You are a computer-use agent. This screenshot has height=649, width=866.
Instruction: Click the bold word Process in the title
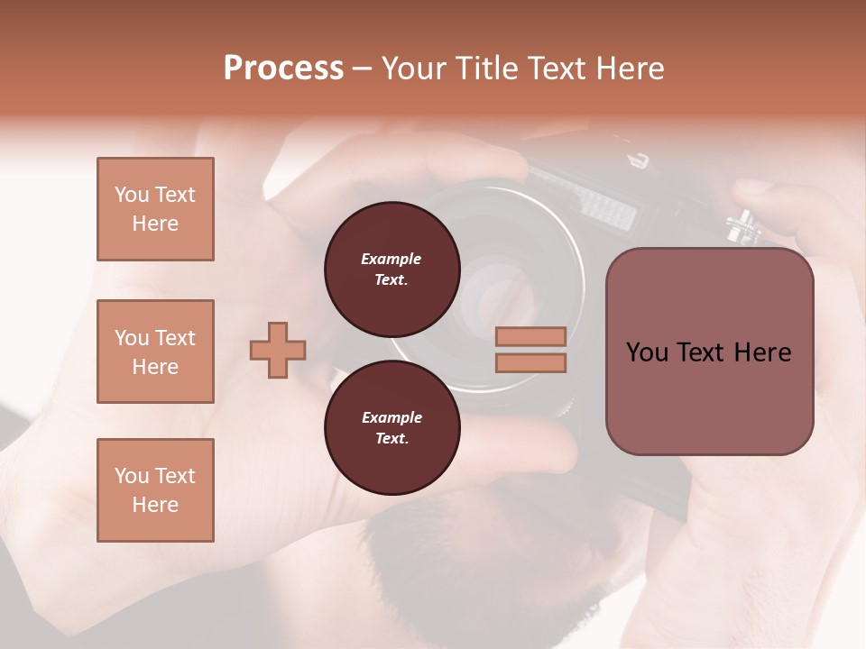tap(283, 69)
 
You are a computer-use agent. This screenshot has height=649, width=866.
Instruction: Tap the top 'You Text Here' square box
tap(155, 209)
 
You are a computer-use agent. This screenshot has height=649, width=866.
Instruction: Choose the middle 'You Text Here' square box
tap(155, 352)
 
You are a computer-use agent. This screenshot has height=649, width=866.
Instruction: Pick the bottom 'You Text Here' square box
tap(155, 490)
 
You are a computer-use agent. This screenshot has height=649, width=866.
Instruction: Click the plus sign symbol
tap(278, 350)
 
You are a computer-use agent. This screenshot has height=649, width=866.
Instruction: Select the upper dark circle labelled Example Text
tap(392, 270)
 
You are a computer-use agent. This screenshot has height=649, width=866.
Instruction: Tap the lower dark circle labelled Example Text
tap(392, 428)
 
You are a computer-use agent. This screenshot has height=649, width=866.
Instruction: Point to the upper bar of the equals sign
tap(530, 336)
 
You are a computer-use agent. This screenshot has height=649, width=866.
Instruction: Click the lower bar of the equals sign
tap(530, 363)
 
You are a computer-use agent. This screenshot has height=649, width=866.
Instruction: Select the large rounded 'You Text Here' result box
tap(709, 352)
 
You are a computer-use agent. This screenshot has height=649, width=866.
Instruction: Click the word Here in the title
tap(631, 69)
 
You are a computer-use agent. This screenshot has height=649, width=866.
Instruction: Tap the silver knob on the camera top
tap(742, 224)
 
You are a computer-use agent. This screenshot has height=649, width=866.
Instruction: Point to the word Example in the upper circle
tap(391, 259)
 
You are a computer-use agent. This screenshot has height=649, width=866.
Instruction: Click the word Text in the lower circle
tap(391, 439)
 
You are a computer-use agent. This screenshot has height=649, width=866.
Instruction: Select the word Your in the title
tap(411, 69)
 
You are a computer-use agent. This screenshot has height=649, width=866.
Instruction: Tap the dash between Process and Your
tap(363, 69)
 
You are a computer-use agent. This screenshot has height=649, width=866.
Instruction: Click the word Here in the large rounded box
tap(762, 352)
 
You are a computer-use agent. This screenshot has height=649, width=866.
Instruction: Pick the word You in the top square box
tap(131, 195)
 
